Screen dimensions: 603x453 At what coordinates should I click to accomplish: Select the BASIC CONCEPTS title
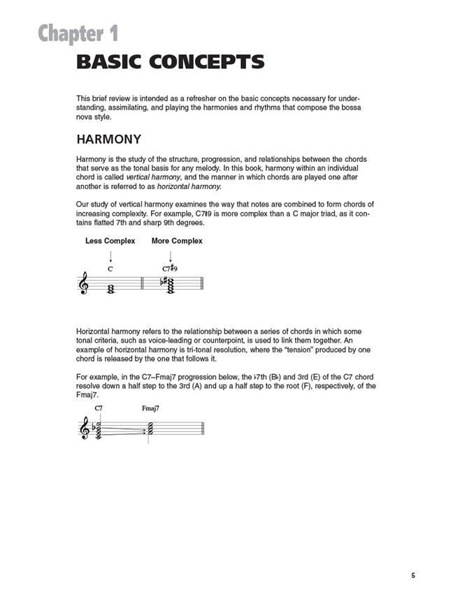tap(171, 62)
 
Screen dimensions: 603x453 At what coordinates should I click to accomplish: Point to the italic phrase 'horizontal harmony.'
tap(188, 186)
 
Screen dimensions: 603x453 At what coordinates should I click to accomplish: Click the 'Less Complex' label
tap(109, 241)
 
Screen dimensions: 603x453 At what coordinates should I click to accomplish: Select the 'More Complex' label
tap(177, 241)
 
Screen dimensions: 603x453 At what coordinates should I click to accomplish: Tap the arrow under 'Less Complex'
tap(110, 255)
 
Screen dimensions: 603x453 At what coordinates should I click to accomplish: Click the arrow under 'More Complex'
tap(170, 255)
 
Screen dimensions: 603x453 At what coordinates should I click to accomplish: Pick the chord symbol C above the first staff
tap(110, 268)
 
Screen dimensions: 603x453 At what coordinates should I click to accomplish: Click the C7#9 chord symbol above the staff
tap(171, 268)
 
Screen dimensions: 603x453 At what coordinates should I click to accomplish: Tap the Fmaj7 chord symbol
tap(150, 409)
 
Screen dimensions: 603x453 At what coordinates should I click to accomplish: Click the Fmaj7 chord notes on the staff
tap(152, 430)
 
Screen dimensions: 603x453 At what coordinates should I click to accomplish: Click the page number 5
tap(413, 576)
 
